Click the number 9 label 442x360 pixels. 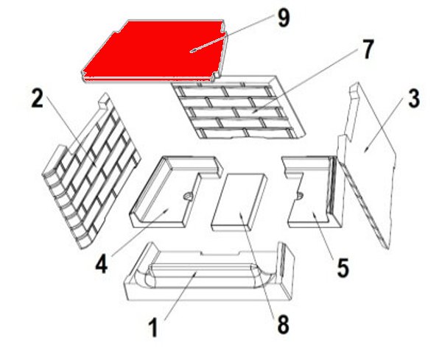tap(284, 18)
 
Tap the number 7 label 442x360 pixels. tap(367, 49)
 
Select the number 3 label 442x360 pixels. tap(413, 99)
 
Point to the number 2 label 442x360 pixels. tap(38, 99)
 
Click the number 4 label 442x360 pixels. tap(101, 264)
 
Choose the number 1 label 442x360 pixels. tap(153, 328)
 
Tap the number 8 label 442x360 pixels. tap(283, 324)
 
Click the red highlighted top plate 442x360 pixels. tap(155, 51)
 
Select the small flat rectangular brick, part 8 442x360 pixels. tap(239, 202)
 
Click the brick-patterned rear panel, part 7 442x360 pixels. tap(238, 107)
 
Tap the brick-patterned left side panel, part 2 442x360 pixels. tap(91, 170)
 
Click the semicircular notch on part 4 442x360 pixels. tap(188, 197)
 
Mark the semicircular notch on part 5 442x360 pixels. tap(300, 195)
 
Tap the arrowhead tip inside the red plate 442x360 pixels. tap(190, 52)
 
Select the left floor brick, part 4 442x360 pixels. tap(175, 191)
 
